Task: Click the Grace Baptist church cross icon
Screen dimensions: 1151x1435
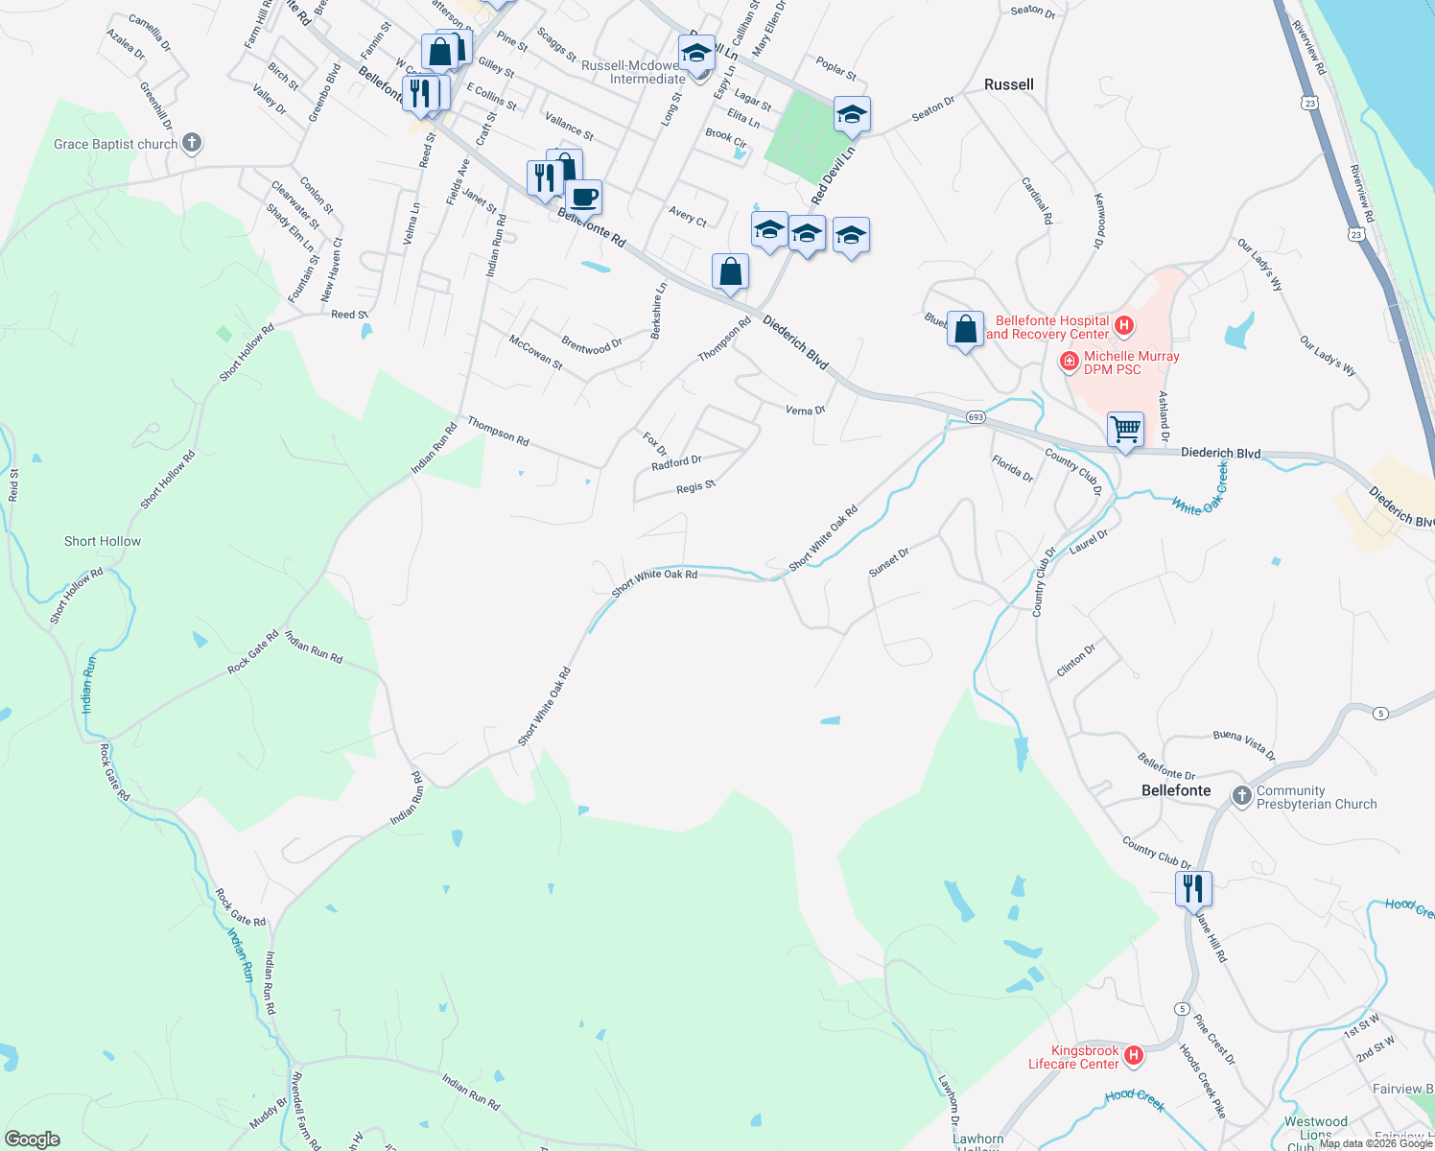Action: pyautogui.click(x=192, y=144)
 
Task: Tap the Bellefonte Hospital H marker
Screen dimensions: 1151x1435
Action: pyautogui.click(x=1124, y=327)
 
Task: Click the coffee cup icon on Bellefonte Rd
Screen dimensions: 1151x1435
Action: pyautogui.click(x=583, y=197)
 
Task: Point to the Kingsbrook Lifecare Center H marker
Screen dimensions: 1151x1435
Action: pyautogui.click(x=1134, y=1056)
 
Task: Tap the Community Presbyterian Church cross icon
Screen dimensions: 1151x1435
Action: pyautogui.click(x=1242, y=796)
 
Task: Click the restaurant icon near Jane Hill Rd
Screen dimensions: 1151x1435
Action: pyautogui.click(x=1193, y=888)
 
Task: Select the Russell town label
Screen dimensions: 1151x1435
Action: pyautogui.click(x=1008, y=84)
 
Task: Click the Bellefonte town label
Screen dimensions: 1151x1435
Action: pyautogui.click(x=1176, y=790)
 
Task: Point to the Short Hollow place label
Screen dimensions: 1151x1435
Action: pyautogui.click(x=103, y=541)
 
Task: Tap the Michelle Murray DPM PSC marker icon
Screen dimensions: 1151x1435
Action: pyautogui.click(x=1069, y=362)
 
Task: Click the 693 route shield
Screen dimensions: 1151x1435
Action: pyautogui.click(x=976, y=417)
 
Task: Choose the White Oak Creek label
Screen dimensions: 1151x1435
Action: pyautogui.click(x=1199, y=491)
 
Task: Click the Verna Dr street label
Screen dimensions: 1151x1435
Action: pyautogui.click(x=805, y=411)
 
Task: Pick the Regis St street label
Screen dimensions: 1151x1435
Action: pyautogui.click(x=695, y=487)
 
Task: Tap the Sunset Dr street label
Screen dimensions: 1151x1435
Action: pyautogui.click(x=888, y=563)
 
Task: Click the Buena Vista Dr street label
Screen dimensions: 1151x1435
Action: pyautogui.click(x=1244, y=744)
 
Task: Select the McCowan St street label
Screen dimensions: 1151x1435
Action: pyautogui.click(x=535, y=353)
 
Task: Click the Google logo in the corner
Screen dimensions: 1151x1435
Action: pyautogui.click(x=33, y=1139)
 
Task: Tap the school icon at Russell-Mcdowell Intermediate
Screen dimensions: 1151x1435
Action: pyautogui.click(x=696, y=52)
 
